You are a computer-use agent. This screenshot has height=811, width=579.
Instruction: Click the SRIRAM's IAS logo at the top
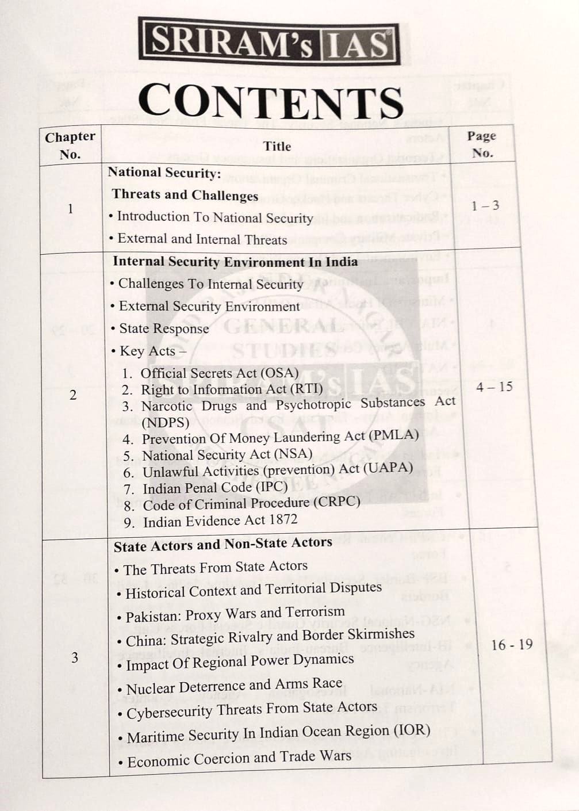tap(269, 43)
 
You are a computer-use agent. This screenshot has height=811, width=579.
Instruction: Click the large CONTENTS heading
tap(270, 102)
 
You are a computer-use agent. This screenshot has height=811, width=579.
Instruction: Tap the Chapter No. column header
tap(70, 146)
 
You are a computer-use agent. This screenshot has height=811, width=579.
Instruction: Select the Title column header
tap(277, 146)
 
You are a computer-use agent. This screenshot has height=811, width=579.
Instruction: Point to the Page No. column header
tap(482, 144)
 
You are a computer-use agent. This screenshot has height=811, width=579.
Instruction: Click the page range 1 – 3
tap(485, 206)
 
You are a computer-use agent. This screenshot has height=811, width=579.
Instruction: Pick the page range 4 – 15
tap(494, 387)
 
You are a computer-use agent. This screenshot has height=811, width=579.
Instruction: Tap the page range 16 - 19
tap(512, 644)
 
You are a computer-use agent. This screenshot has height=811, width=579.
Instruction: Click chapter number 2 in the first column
tap(72, 395)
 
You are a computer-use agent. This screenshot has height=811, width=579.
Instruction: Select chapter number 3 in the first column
tap(74, 657)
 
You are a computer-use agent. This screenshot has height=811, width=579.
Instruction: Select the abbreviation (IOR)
tap(412, 730)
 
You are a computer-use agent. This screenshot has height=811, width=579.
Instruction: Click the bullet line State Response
tap(164, 329)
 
